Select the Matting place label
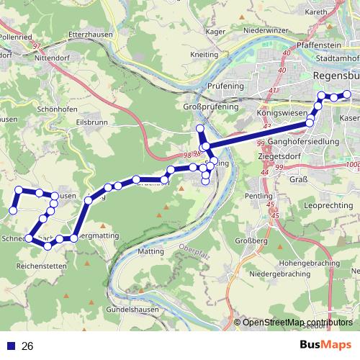click(x=150, y=252)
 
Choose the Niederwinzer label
click(x=265, y=31)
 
